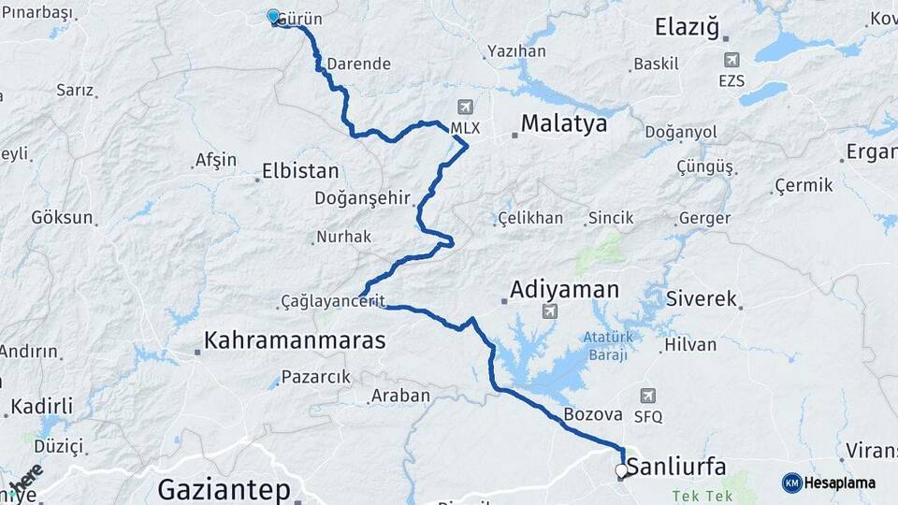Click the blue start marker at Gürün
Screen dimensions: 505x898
[x=273, y=17]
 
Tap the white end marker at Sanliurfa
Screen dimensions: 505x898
[x=621, y=470]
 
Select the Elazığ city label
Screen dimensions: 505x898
[x=688, y=27]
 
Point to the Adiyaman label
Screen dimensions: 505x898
[x=564, y=290]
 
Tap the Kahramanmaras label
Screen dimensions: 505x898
[x=295, y=340]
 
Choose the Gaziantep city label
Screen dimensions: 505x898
[x=224, y=488]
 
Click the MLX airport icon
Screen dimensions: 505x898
[x=466, y=107]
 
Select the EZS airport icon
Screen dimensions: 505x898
[x=731, y=59]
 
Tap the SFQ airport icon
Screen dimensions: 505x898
[x=648, y=396]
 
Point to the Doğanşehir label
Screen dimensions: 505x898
[x=363, y=198]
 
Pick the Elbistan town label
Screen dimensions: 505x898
[x=300, y=172]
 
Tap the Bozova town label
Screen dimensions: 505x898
[x=593, y=414]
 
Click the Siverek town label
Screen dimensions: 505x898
[x=702, y=300]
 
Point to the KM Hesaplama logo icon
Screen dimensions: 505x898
[x=791, y=483]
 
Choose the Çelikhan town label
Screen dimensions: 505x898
[x=531, y=218]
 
